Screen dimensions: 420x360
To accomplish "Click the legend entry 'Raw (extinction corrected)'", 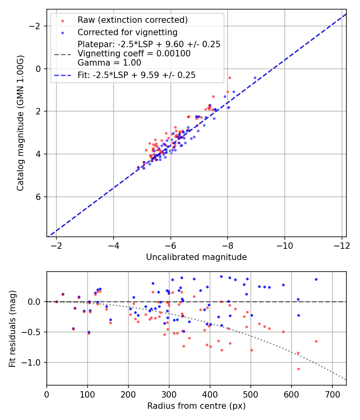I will tap(132, 20).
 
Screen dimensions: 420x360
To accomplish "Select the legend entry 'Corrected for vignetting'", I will tap(127, 32).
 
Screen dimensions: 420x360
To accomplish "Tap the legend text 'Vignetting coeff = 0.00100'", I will tap(134, 54).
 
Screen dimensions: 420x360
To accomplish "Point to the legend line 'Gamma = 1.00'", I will tap(109, 63).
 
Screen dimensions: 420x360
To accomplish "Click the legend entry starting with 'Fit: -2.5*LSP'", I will tap(136, 75).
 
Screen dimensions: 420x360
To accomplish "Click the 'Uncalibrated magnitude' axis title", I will tap(196, 257).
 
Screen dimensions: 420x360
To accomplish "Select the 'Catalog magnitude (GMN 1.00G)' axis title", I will tap(20, 123).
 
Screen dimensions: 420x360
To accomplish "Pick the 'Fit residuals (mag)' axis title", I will tap(12, 328).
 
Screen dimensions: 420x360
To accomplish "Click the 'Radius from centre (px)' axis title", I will tap(196, 406).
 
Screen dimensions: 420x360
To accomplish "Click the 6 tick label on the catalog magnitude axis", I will tap(38, 197).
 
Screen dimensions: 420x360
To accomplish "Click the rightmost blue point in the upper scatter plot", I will tap(255, 78).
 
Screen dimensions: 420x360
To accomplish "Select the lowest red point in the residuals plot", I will tap(298, 369).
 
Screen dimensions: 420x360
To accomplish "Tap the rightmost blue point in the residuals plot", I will tap(316, 279).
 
